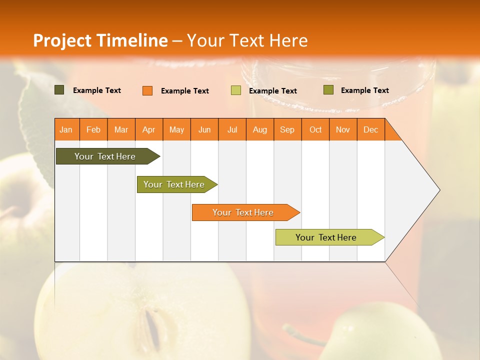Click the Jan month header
click(x=66, y=129)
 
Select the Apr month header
click(x=149, y=129)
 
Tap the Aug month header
click(x=260, y=129)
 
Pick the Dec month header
click(x=370, y=129)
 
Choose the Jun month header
click(x=204, y=129)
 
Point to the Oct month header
click(x=315, y=129)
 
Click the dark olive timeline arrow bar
click(x=105, y=156)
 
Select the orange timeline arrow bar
click(x=243, y=212)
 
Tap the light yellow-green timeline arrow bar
click(x=326, y=237)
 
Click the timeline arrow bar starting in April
click(x=174, y=184)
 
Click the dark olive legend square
click(x=59, y=90)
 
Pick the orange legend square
click(x=147, y=90)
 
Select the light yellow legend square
click(x=236, y=90)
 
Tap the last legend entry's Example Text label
click(x=364, y=90)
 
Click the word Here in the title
click(x=288, y=40)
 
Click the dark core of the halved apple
click(x=154, y=330)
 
